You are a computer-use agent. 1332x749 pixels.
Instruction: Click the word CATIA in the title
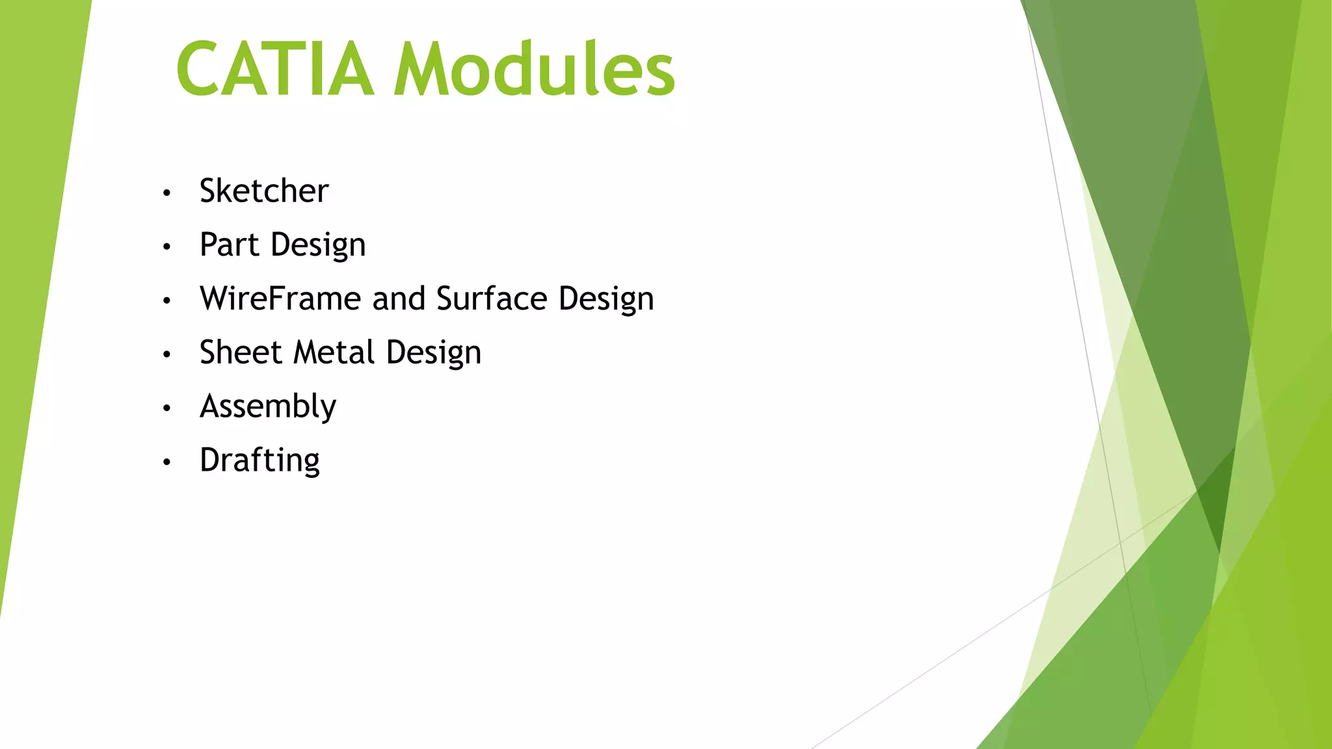coord(275,69)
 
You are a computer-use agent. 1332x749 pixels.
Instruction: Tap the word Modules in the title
coord(535,69)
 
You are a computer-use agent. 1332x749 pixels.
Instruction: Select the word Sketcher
coord(264,191)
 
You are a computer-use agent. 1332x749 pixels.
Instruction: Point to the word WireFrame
coord(280,299)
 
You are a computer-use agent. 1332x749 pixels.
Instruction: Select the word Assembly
coord(268,408)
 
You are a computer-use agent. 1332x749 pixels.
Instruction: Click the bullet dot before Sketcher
coord(167,193)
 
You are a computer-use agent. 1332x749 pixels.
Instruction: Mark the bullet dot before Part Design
coord(167,247)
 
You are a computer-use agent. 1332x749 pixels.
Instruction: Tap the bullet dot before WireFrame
coord(167,300)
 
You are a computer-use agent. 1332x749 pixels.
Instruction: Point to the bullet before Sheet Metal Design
coord(167,354)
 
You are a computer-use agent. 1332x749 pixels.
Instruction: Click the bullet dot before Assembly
coord(167,408)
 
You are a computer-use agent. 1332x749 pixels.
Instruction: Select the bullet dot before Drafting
coord(167,462)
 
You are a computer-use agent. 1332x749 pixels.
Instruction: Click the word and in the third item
coord(399,299)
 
